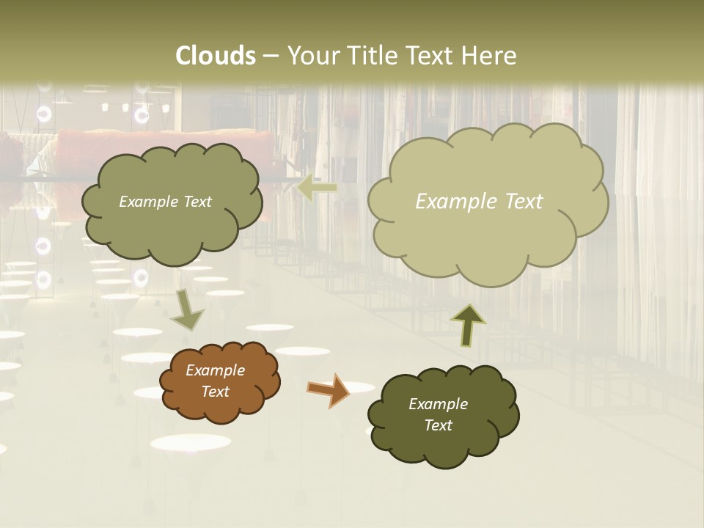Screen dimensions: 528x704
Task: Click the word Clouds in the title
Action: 216,56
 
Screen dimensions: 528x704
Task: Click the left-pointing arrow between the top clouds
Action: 317,188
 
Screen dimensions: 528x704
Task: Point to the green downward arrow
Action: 187,311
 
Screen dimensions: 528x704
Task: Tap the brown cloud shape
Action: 220,381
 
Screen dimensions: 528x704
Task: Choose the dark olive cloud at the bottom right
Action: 443,415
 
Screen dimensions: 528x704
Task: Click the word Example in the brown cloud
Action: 215,370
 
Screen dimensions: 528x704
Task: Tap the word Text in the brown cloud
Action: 215,392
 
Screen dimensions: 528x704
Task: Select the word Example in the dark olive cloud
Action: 438,404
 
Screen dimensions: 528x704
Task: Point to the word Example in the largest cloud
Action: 453,202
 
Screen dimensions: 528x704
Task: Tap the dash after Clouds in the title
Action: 271,56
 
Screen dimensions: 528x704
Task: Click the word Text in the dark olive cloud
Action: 438,425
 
